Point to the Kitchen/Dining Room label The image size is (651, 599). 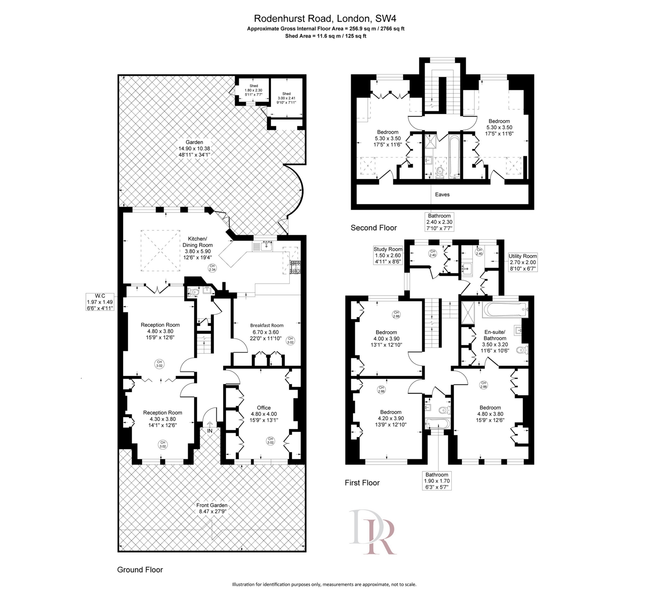pyautogui.click(x=197, y=245)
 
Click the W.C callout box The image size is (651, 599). pyautogui.click(x=100, y=302)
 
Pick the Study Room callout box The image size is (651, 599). pyautogui.click(x=388, y=255)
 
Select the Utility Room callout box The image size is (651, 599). pyautogui.click(x=523, y=262)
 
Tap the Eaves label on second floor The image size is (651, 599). pyautogui.click(x=442, y=194)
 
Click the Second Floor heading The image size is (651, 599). pyautogui.click(x=374, y=228)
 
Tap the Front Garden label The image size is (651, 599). pyautogui.click(x=212, y=508)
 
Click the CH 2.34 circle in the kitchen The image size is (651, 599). pyautogui.click(x=212, y=268)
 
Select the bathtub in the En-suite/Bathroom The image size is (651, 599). pyautogui.click(x=505, y=310)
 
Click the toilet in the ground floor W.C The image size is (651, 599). pyautogui.click(x=194, y=292)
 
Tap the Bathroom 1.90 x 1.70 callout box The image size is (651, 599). pyautogui.click(x=437, y=481)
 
